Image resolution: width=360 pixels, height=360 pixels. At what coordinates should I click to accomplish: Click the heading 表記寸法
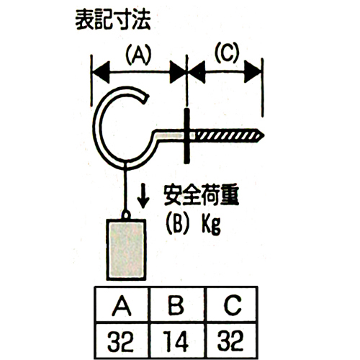pos(113,20)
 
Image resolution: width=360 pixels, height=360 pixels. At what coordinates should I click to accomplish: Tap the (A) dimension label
pos(138,55)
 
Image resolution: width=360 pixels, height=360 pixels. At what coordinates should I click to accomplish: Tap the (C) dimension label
pos(227,53)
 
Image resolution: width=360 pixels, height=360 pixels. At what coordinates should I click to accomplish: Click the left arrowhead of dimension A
pos(101,72)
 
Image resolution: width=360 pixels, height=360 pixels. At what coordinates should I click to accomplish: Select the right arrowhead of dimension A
pos(178,72)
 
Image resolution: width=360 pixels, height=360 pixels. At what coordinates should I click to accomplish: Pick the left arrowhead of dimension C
pos(197,72)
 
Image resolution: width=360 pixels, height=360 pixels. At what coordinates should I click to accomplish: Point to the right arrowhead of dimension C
pos(253,71)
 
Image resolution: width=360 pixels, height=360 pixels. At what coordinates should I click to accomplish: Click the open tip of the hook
pos(145,99)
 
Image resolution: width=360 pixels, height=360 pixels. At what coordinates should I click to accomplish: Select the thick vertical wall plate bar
pos(186,136)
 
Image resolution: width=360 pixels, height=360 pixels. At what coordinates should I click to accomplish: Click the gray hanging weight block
pos(126,250)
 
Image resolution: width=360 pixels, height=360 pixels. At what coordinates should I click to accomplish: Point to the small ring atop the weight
pos(126,215)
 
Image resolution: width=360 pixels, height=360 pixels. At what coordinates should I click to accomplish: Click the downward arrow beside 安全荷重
pos(143,196)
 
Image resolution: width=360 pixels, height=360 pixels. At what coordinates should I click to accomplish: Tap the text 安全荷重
pos(202,194)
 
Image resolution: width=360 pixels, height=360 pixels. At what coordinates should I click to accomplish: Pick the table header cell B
pos(176,305)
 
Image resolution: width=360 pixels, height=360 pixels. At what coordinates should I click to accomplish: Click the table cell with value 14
pos(176,341)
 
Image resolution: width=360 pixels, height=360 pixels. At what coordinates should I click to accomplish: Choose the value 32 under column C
pos(230,341)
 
